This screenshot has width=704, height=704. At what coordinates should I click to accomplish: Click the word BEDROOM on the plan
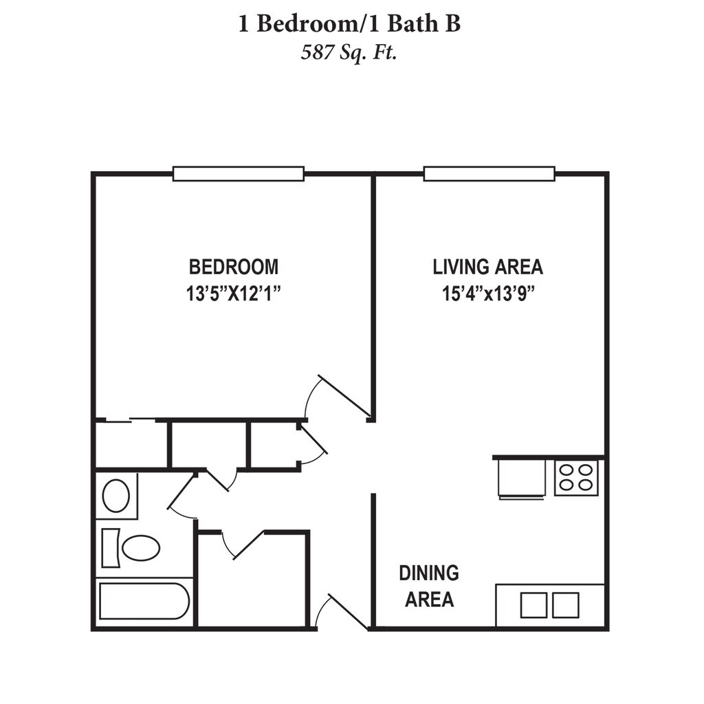pyautogui.click(x=234, y=266)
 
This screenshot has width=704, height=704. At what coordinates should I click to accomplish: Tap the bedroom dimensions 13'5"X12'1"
pyautogui.click(x=234, y=294)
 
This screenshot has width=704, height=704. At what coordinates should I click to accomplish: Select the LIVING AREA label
pyautogui.click(x=487, y=266)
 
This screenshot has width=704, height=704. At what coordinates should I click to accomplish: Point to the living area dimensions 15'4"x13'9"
pyautogui.click(x=487, y=294)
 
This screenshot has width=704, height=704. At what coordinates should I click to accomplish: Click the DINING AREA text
pyautogui.click(x=429, y=586)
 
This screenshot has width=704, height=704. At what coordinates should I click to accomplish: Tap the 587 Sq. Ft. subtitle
pyautogui.click(x=349, y=53)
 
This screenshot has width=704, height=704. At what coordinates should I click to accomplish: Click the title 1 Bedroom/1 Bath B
pyautogui.click(x=349, y=24)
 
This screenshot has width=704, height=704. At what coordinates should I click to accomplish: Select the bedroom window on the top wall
pyautogui.click(x=238, y=173)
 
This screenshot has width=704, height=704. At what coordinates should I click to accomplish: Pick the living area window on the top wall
pyautogui.click(x=489, y=173)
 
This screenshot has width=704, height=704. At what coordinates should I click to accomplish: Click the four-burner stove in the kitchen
pyautogui.click(x=576, y=477)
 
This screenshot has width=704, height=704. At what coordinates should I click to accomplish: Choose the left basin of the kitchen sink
pyautogui.click(x=533, y=605)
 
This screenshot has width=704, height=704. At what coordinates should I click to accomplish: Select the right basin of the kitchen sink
pyautogui.click(x=566, y=605)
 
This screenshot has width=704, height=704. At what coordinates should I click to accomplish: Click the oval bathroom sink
pyautogui.click(x=115, y=495)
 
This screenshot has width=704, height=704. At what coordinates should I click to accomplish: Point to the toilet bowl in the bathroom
pyautogui.click(x=141, y=548)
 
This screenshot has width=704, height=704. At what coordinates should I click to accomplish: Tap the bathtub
pyautogui.click(x=144, y=602)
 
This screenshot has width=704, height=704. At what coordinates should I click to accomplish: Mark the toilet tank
pyautogui.click(x=110, y=548)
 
